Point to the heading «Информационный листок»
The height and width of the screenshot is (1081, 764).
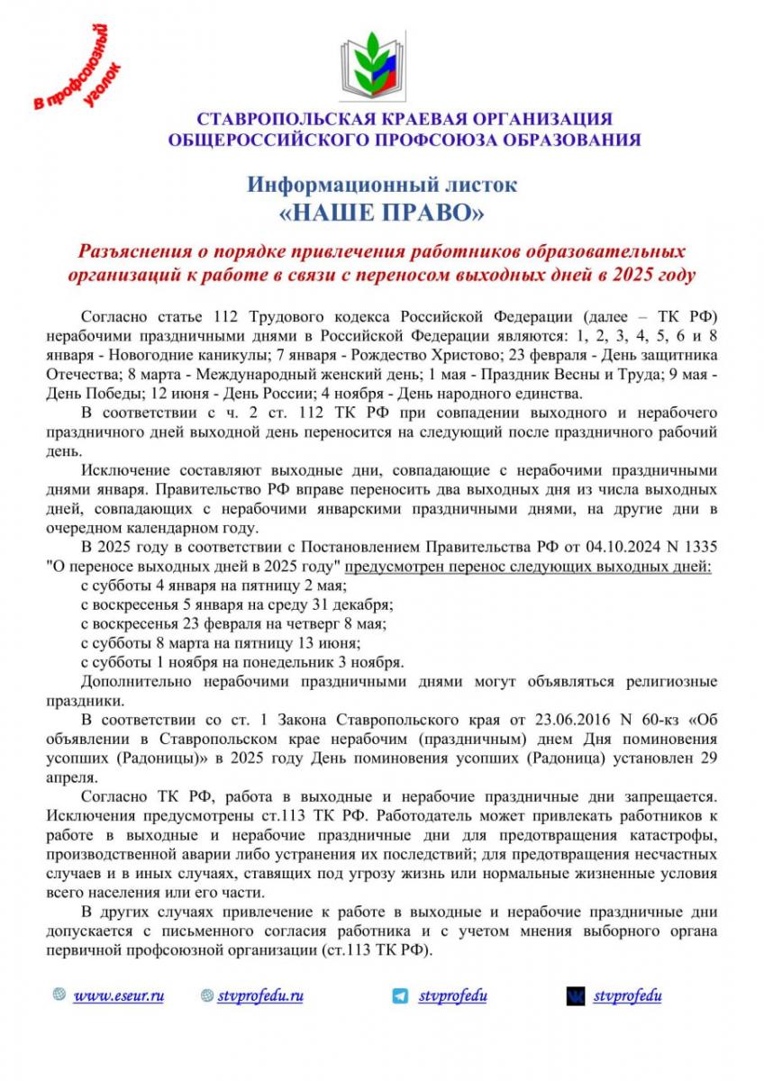383,185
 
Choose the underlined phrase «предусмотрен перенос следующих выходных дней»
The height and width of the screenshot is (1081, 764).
529,568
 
